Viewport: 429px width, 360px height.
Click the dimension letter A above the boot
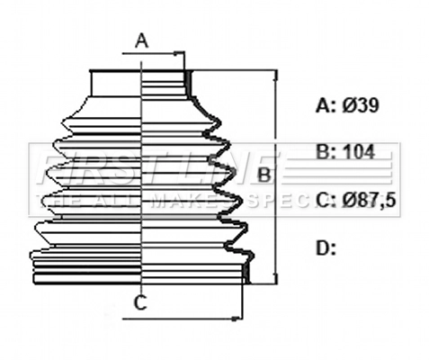141,40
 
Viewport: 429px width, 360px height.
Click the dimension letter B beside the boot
264,174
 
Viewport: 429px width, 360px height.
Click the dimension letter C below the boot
140,303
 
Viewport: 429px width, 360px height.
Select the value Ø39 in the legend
360,105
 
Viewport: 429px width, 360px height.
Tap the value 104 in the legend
358,152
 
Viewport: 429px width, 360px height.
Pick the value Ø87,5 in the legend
369,201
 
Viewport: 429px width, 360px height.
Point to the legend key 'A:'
325,105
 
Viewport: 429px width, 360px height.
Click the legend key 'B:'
325,152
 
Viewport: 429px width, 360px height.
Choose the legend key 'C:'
325,201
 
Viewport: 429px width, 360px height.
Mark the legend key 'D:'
325,247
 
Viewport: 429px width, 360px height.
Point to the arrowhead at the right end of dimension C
240,317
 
